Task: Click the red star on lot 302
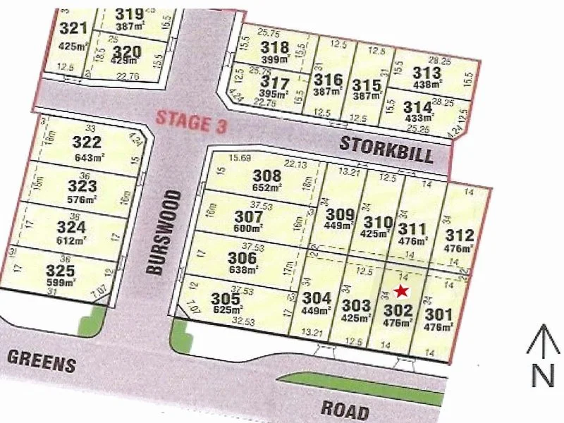pos(402,290)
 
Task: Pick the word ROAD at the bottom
pos(345,410)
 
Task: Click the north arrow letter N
pos(542,375)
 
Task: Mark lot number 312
pos(465,235)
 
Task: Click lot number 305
pos(226,298)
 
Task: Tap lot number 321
pos(74,28)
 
